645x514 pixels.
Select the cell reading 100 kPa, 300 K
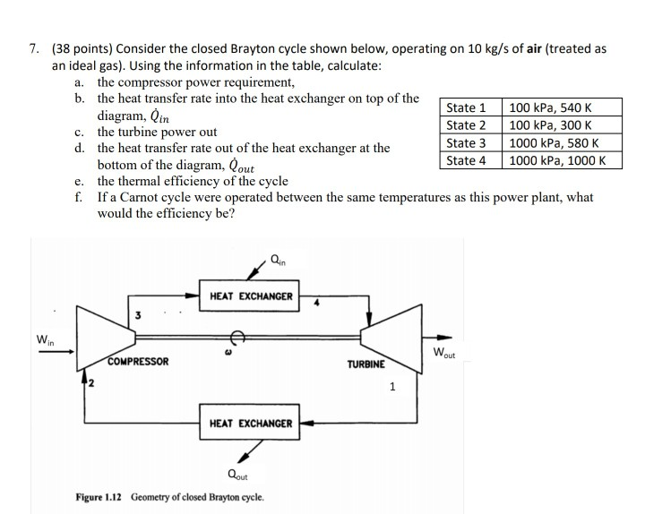click(x=550, y=125)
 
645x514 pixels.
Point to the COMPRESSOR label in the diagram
click(x=139, y=362)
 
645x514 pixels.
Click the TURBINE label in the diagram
click(x=365, y=364)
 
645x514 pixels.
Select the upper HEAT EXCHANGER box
click(x=251, y=296)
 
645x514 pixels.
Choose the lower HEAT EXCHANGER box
click(x=251, y=423)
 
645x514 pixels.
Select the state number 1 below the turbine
click(x=391, y=388)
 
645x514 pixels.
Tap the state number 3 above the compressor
click(x=137, y=314)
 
